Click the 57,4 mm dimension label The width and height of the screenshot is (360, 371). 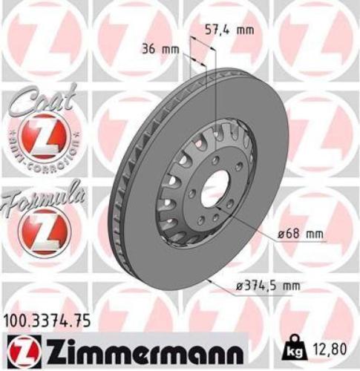pyautogui.click(x=229, y=30)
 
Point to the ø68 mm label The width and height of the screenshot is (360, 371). pyautogui.click(x=303, y=234)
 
